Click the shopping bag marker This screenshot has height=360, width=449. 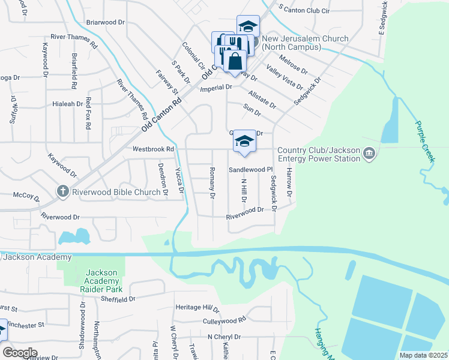pos(235,61)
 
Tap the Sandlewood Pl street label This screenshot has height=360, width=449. pos(250,170)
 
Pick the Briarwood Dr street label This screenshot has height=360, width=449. pos(105,22)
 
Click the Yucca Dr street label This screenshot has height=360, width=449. pos(179,179)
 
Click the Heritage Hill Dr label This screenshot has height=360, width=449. pos(198,307)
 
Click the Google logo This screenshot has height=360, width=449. pos(19,352)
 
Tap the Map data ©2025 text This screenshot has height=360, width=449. pos(423,355)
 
